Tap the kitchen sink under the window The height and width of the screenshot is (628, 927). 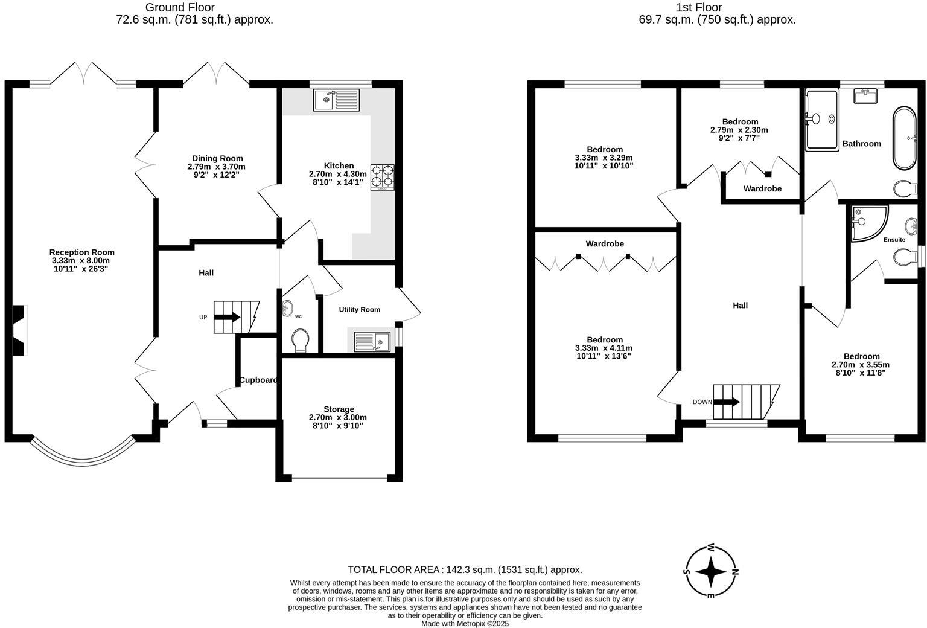coord(336,100)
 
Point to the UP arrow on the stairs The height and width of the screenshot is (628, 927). coord(227,317)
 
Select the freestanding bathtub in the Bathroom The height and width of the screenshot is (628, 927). coord(904,138)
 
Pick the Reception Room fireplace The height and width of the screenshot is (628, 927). coord(20,330)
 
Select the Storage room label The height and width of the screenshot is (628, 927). coord(339,409)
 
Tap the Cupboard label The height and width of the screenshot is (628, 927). coord(258,380)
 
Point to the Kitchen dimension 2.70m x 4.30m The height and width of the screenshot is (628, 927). coord(337,174)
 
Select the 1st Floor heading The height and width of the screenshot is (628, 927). coord(717,8)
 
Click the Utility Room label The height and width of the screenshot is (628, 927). coord(359,309)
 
